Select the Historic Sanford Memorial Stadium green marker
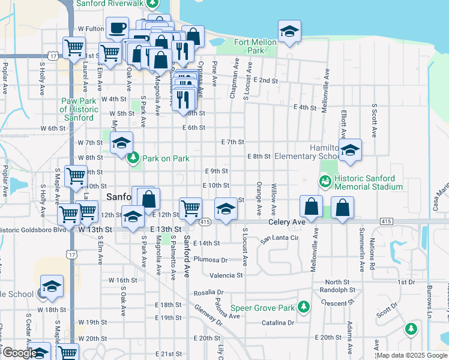[325, 181]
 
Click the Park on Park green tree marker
[133, 158]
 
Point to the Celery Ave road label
[286, 222]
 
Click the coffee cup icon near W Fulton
[117, 28]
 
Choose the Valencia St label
[226, 275]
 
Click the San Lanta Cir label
[279, 238]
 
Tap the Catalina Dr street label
[278, 323]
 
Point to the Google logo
[19, 353]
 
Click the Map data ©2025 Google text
[412, 355]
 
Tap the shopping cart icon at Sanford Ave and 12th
[190, 209]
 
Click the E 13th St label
[166, 230]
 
